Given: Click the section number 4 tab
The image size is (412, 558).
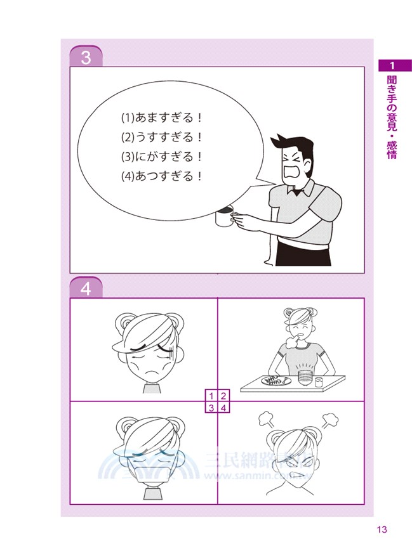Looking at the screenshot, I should (x=86, y=289).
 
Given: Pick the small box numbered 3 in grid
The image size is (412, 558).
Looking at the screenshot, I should (x=212, y=407).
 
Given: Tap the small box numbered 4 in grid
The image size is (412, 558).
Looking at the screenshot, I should (x=223, y=407).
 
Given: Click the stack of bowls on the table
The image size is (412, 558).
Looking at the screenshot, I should (x=305, y=379).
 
